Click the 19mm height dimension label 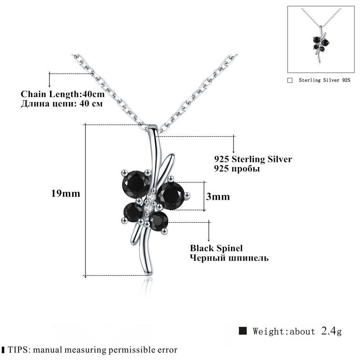[65, 194]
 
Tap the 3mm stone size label [218, 197]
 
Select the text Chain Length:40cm [63, 94]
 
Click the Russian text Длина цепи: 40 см [62, 103]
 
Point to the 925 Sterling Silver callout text [253, 159]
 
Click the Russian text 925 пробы [237, 169]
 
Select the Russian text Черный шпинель [229, 258]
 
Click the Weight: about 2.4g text [297, 332]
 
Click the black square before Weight [243, 331]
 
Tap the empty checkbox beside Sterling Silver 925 [290, 80]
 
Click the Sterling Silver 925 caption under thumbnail [324, 80]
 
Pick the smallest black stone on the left [133, 211]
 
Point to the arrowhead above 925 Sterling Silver [234, 151]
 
